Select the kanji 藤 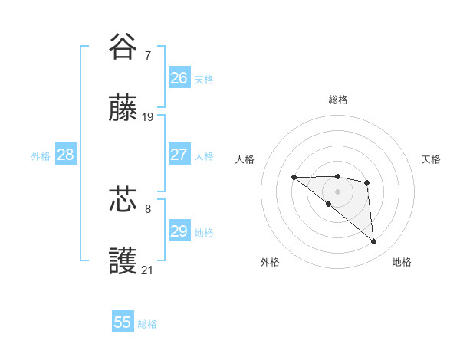pos(123,110)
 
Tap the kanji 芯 pos(123,200)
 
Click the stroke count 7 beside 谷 pos(148,55)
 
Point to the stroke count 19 pos(148,117)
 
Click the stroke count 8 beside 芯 pos(148,208)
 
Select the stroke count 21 pos(148,270)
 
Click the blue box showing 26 pos(179,77)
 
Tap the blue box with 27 pos(179,154)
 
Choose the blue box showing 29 pos(179,231)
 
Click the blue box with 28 pos(66,154)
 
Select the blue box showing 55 pos(123,322)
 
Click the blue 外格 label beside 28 pos(41,156)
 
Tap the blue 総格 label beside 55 pos(147,324)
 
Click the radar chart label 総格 pos(338,100)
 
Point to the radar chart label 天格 pos(431,159)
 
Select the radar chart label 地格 pos(402,262)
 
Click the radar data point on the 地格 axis pos(374,242)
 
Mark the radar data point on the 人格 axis pos(294,178)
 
